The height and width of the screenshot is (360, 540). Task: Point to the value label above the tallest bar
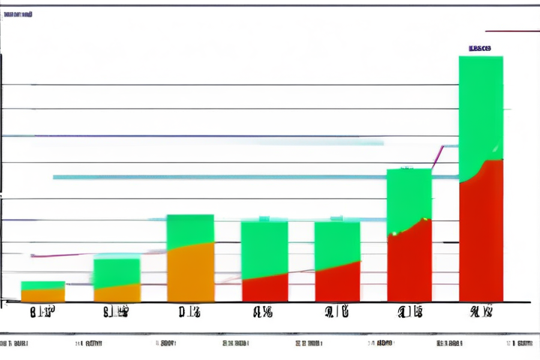[480, 48]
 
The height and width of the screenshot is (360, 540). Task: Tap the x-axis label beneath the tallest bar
[481, 312]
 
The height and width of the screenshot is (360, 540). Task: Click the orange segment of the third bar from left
[190, 274]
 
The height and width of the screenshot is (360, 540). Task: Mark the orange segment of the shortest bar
[43, 295]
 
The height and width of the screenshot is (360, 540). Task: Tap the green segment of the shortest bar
[43, 285]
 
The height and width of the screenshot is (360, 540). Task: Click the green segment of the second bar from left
[116, 270]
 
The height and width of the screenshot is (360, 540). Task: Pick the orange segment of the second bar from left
[116, 293]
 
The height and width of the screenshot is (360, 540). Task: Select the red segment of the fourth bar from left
[264, 289]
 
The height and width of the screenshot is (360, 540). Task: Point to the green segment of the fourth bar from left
[264, 247]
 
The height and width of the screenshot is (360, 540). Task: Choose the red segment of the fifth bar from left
[337, 283]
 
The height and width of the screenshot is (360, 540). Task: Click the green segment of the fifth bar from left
[337, 244]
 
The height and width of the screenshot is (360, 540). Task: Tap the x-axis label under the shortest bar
[42, 312]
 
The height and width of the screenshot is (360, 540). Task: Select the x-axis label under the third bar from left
[190, 312]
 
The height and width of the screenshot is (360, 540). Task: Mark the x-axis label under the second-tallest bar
[409, 312]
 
